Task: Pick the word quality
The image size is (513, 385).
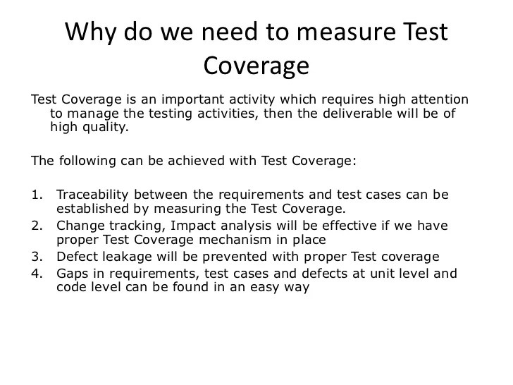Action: [x=106, y=128]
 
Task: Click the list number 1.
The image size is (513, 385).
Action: [x=36, y=194]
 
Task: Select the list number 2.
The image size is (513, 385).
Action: [x=36, y=226]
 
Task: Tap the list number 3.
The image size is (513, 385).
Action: [x=36, y=256]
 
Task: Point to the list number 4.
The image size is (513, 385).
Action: [x=36, y=274]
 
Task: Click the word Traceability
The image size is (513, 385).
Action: [x=92, y=194]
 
